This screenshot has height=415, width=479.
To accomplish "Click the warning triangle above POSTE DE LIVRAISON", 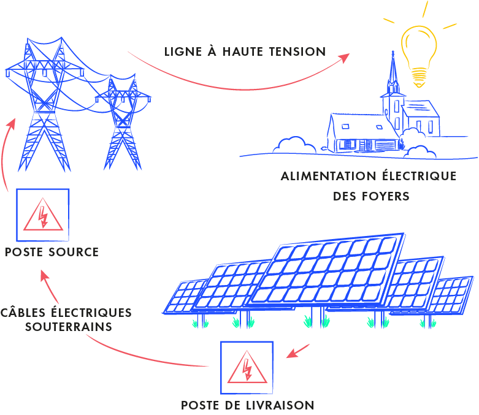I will click(247, 368).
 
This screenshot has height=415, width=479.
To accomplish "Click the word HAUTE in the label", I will click(243, 51).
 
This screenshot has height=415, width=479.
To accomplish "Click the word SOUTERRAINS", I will click(69, 327).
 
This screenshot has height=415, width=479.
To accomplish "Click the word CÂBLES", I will click(25, 312).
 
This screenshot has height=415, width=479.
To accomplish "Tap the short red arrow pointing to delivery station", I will click(298, 351).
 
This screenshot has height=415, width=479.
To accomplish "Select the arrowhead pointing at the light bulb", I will click(344, 58).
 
